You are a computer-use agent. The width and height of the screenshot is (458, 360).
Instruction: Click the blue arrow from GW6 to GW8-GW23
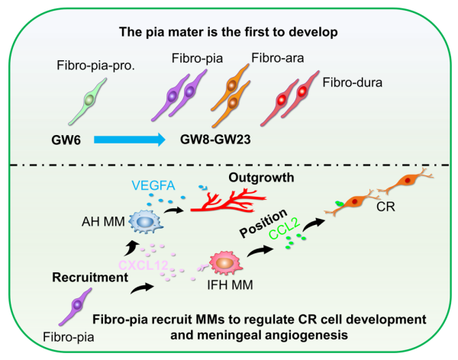coord(130,140)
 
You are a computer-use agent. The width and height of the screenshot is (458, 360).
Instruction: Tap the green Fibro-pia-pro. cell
coord(88,101)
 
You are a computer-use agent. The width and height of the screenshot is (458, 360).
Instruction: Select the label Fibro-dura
coord(352,82)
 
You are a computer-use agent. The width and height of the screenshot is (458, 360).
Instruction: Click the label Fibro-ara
coord(278,58)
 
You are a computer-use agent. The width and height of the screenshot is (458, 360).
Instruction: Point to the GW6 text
coord(66,140)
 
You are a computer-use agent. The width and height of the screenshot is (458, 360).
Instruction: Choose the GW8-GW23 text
coord(215,140)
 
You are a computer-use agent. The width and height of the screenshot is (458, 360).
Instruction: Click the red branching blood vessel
coord(228,201)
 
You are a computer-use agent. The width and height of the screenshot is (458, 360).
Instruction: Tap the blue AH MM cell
coord(146,222)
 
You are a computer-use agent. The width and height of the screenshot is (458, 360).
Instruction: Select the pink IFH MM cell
coord(225,263)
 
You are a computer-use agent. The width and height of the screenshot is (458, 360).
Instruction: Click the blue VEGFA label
coord(153,185)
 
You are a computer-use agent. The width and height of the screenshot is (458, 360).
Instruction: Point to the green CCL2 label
coord(284,229)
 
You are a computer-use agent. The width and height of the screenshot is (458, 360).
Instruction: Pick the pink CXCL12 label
coord(144,265)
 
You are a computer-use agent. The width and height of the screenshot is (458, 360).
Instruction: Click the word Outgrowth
coord(261,178)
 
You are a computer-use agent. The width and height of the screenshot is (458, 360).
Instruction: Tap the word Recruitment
coord(90,278)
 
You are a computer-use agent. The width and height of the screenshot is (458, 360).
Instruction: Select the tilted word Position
coord(263,223)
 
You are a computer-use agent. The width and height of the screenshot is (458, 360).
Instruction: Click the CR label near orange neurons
coord(385,207)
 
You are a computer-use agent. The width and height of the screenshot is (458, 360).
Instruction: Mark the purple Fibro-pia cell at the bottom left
coord(76,307)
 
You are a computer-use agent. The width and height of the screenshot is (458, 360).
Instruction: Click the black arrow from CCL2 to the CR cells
coord(314,224)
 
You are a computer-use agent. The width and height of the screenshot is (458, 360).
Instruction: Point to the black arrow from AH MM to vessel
coord(173,210)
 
